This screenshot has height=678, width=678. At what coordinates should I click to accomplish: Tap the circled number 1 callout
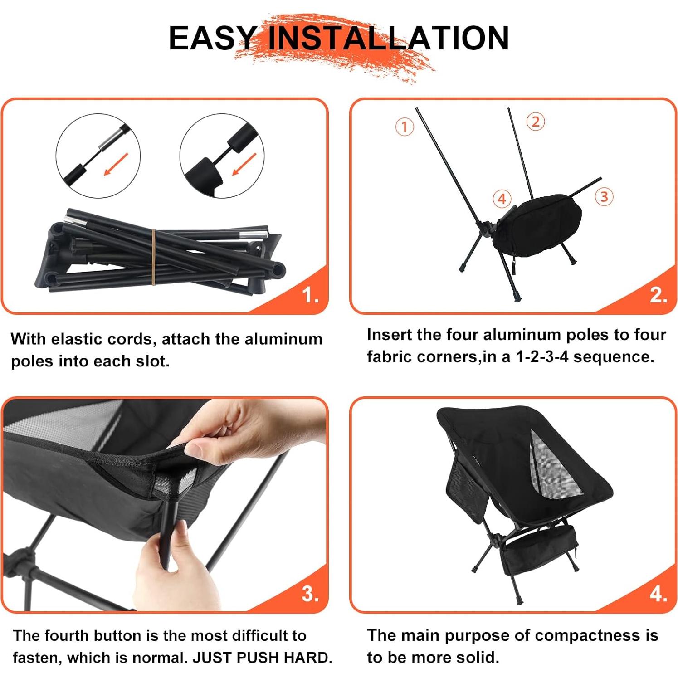(405, 127)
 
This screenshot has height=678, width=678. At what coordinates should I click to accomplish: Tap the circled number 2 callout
(536, 122)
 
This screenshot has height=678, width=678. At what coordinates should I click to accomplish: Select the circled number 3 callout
(604, 197)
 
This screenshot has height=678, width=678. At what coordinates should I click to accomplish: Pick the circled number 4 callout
(502, 199)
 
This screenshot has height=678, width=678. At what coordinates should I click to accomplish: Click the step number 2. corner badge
(658, 296)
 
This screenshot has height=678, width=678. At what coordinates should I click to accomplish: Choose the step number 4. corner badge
(658, 594)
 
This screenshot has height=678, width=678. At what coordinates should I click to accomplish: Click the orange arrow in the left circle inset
(116, 164)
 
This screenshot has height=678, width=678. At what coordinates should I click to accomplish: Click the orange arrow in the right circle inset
(244, 164)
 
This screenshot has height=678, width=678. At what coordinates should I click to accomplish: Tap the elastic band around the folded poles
(154, 257)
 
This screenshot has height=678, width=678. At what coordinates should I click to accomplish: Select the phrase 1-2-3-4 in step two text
(541, 357)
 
